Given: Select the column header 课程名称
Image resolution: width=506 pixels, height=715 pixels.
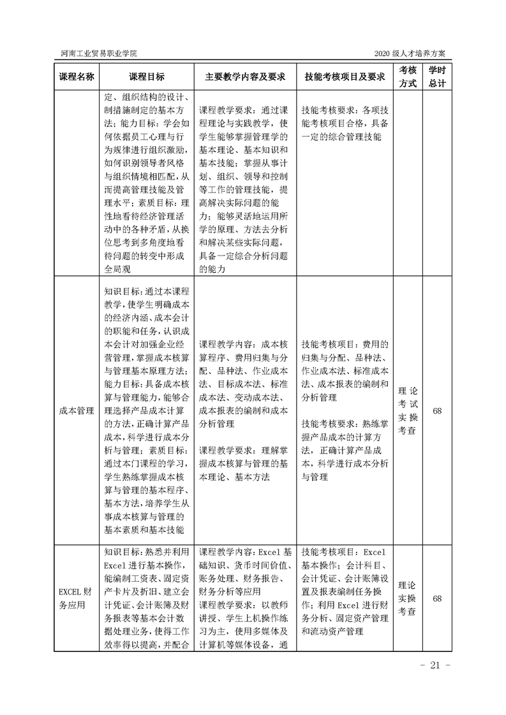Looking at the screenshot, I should [x=77, y=76].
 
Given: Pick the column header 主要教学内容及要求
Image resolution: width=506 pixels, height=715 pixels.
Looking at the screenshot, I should [x=245, y=76].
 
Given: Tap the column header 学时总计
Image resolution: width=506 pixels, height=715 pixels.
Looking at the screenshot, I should [x=437, y=76].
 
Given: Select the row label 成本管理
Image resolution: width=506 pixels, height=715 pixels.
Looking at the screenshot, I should [x=77, y=411].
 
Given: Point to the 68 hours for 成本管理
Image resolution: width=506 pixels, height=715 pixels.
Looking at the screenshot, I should [x=437, y=411].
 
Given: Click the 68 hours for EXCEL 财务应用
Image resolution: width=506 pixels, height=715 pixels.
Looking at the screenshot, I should [x=437, y=599].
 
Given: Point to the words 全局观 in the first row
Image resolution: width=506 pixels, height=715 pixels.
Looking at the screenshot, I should [x=117, y=269].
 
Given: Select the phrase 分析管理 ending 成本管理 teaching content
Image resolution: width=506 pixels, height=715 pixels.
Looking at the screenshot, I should [x=217, y=423].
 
